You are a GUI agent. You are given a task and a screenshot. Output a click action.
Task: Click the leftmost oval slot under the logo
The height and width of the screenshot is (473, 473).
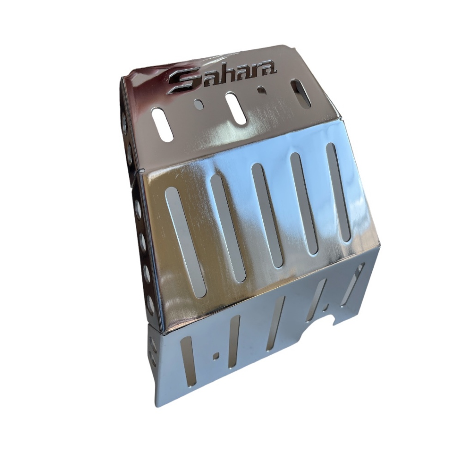(162, 124)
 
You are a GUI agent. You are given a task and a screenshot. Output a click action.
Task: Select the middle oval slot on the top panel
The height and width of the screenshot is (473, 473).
(236, 108)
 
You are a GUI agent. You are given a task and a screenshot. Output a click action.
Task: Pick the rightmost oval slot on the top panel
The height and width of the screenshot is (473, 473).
(301, 93)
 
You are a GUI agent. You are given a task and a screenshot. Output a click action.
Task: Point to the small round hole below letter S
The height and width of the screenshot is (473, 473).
(199, 104)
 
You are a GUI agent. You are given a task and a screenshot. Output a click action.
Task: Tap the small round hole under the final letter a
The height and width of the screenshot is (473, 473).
(261, 90)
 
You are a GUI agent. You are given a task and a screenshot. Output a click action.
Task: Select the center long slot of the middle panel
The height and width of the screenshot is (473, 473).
(267, 214)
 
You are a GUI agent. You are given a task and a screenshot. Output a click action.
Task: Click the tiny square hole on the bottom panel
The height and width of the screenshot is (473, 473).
(216, 356)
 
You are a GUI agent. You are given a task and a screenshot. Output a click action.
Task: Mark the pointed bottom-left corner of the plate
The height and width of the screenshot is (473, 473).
(156, 406)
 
